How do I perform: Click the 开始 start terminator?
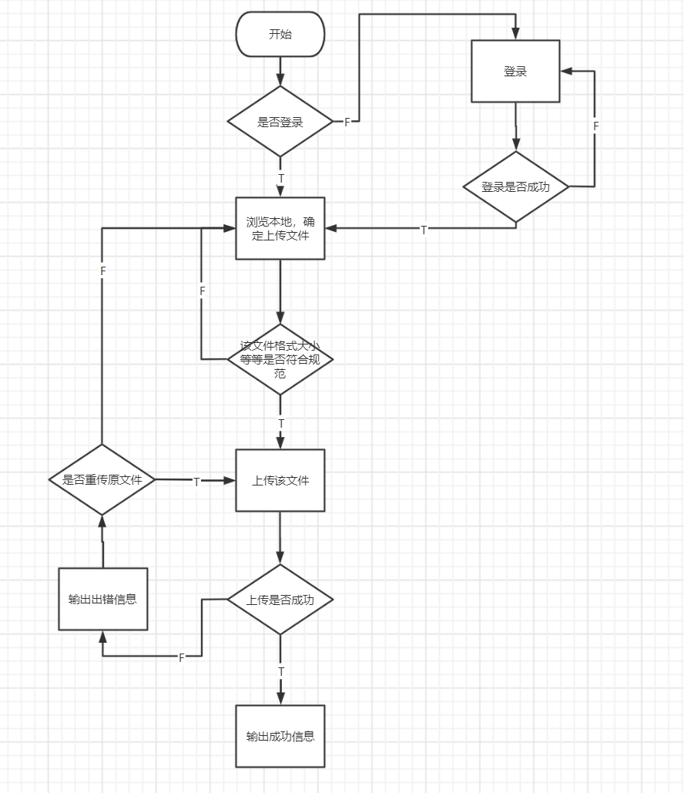pos(280,35)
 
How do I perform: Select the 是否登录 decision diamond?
pos(280,122)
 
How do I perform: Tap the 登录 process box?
pos(515,72)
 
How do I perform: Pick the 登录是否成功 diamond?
pos(515,186)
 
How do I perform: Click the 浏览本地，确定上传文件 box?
pos(280,229)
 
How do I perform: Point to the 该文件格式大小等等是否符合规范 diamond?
pos(280,360)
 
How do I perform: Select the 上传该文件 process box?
pos(280,480)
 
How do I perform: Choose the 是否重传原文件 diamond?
pos(102,479)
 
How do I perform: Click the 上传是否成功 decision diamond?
pos(280,600)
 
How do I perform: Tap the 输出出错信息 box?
pos(102,599)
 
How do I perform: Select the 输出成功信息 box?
pos(280,736)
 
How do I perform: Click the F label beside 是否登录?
pos(347,123)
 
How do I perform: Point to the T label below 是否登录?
pos(280,179)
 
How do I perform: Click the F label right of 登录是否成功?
pos(595,126)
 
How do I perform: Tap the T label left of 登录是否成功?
pos(424,230)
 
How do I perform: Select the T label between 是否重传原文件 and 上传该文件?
pos(196,482)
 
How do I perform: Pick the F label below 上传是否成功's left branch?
pos(182,657)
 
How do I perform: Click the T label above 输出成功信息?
pos(280,671)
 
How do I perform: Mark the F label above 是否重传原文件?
pos(102,272)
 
